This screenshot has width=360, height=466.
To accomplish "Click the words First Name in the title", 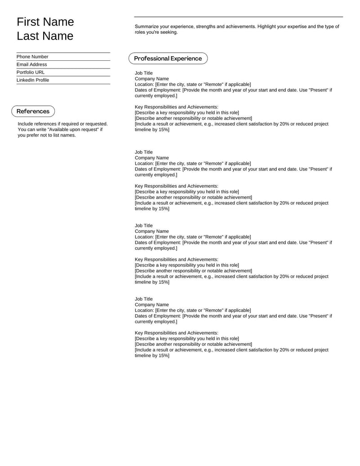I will point(45,22).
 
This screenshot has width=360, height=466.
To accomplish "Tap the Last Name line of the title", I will point(45,36).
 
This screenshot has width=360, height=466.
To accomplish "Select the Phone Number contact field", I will point(32,57).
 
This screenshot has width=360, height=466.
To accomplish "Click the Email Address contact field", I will point(31,64).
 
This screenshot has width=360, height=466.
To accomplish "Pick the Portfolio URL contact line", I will point(31,72).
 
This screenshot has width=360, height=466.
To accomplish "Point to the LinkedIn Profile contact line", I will point(33,80).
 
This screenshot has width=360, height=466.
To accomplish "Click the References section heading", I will point(33,111).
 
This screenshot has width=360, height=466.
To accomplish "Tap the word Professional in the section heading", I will point(151,59).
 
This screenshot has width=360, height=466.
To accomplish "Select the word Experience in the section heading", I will point(186,59).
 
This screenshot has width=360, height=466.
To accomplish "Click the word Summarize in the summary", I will point(147,27).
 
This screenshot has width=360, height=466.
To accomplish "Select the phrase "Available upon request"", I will point(72,130).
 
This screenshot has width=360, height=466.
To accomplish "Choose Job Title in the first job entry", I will point(144,73).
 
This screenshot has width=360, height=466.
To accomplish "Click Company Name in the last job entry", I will point(152,305).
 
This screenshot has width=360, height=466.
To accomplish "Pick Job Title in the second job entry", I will point(144,152).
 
